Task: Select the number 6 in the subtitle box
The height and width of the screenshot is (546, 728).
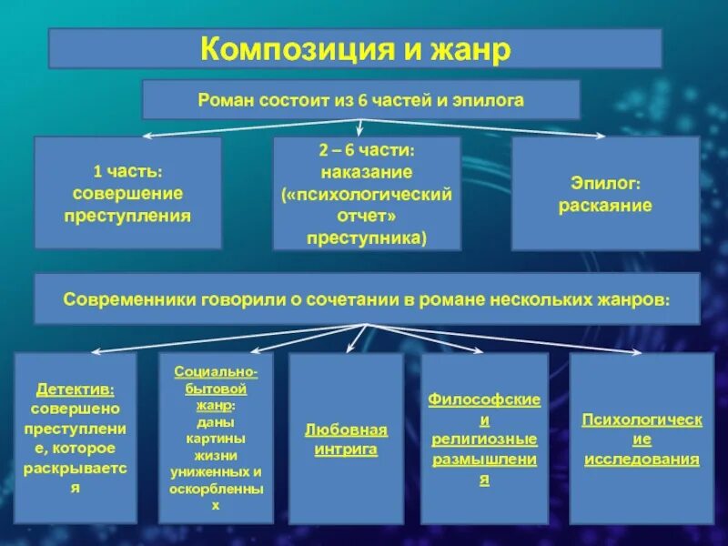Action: pos(361,100)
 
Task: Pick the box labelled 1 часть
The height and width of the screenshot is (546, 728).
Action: pos(127,193)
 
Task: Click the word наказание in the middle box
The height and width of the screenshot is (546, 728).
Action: pos(367,171)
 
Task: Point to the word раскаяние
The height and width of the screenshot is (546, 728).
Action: pos(605,205)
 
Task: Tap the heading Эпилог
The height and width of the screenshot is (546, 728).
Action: pos(605,183)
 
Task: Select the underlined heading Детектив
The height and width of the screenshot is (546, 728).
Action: pos(76,389)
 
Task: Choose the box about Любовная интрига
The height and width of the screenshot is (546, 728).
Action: pos(346,438)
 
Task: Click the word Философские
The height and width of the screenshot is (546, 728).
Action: pos(485,399)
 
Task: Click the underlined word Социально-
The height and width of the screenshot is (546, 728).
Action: pos(216,371)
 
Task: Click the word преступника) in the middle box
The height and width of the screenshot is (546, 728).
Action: pos(367,238)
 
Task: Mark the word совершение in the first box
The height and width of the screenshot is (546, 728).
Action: pos(127,193)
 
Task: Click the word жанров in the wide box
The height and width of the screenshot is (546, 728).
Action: pos(635,298)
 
